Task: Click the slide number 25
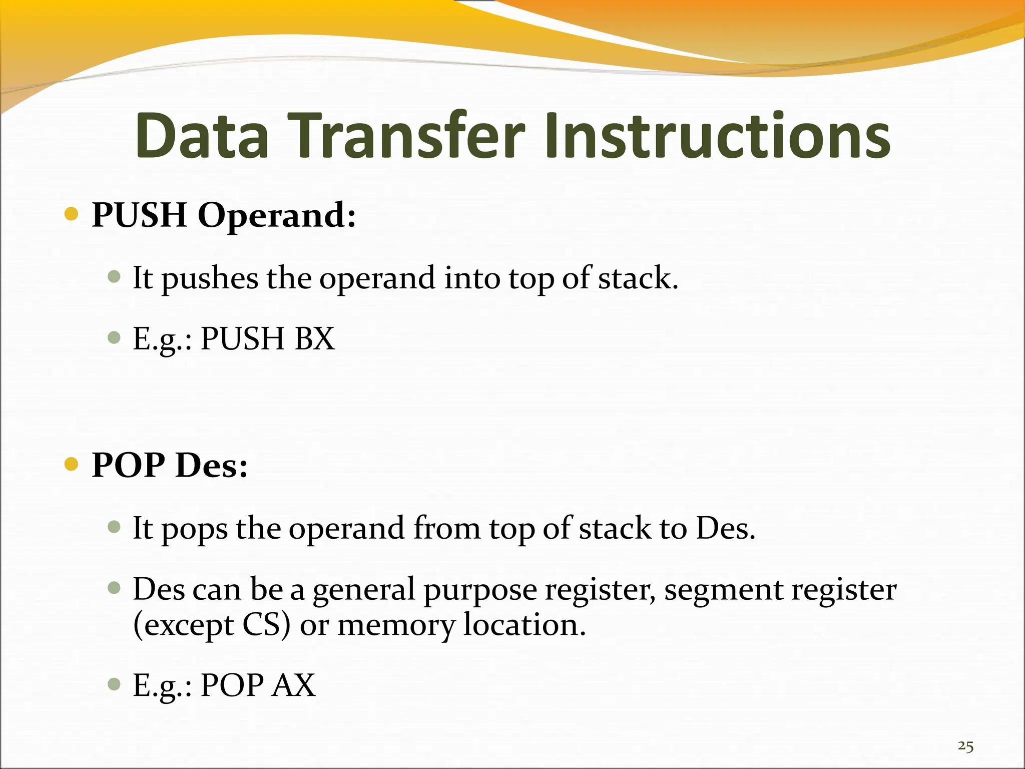(965, 746)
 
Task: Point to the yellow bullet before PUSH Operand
(72, 215)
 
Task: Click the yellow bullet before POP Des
(72, 465)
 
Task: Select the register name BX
(315, 338)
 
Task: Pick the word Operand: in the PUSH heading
(277, 215)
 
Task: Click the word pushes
(210, 278)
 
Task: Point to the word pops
(194, 529)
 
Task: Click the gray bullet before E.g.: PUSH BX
(115, 337)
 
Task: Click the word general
(364, 590)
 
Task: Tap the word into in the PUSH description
(472, 278)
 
